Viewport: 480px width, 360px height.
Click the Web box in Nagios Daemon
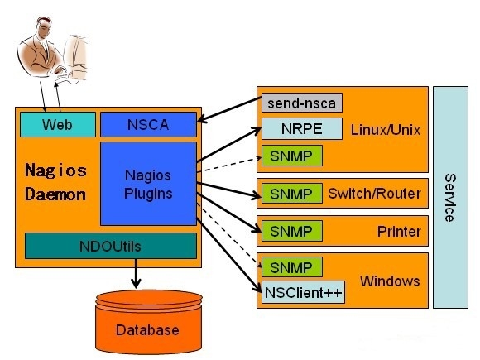point(57,125)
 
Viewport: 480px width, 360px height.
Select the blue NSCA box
point(148,125)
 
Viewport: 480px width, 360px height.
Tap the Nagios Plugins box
point(148,184)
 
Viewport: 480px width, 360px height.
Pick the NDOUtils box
point(110,245)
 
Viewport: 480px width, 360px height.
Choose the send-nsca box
point(301,103)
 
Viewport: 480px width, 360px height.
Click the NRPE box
point(301,129)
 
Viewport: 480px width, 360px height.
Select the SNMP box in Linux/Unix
point(291,155)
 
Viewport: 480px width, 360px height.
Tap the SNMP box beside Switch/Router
point(291,194)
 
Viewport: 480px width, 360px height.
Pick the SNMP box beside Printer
point(291,231)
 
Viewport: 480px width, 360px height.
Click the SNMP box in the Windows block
point(291,267)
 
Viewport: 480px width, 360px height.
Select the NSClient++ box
point(304,293)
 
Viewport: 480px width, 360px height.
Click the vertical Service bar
point(450,197)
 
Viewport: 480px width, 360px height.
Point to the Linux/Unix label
point(384,130)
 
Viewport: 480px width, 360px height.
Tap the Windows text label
point(391,281)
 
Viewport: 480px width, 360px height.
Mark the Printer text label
point(399,231)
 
